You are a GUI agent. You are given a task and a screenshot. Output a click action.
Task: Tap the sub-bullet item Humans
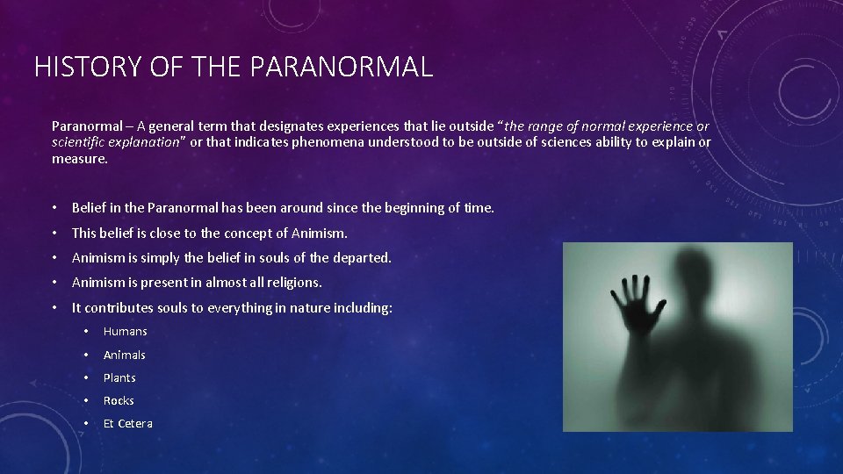(x=125, y=331)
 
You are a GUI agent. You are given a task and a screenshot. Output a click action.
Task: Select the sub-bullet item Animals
(x=124, y=355)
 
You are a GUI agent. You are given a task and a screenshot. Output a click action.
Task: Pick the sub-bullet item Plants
(x=119, y=377)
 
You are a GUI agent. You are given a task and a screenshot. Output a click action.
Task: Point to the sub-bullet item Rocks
(x=119, y=400)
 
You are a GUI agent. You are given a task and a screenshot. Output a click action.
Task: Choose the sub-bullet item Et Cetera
(x=127, y=423)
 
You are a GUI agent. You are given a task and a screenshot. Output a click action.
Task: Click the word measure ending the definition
(x=79, y=159)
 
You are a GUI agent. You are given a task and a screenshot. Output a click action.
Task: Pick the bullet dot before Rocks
(x=86, y=400)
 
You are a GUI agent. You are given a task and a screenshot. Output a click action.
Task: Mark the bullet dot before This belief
(x=54, y=233)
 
